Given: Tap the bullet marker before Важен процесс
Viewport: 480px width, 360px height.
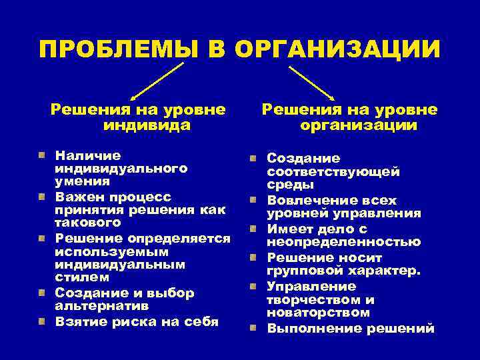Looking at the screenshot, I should (41, 197).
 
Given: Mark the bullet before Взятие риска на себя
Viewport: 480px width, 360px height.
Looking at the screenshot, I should (41, 321).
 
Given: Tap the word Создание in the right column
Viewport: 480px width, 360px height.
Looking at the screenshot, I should (303, 159).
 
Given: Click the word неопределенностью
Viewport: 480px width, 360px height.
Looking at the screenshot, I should (344, 243).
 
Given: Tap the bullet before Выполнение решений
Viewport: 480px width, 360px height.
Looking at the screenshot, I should (254, 328).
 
